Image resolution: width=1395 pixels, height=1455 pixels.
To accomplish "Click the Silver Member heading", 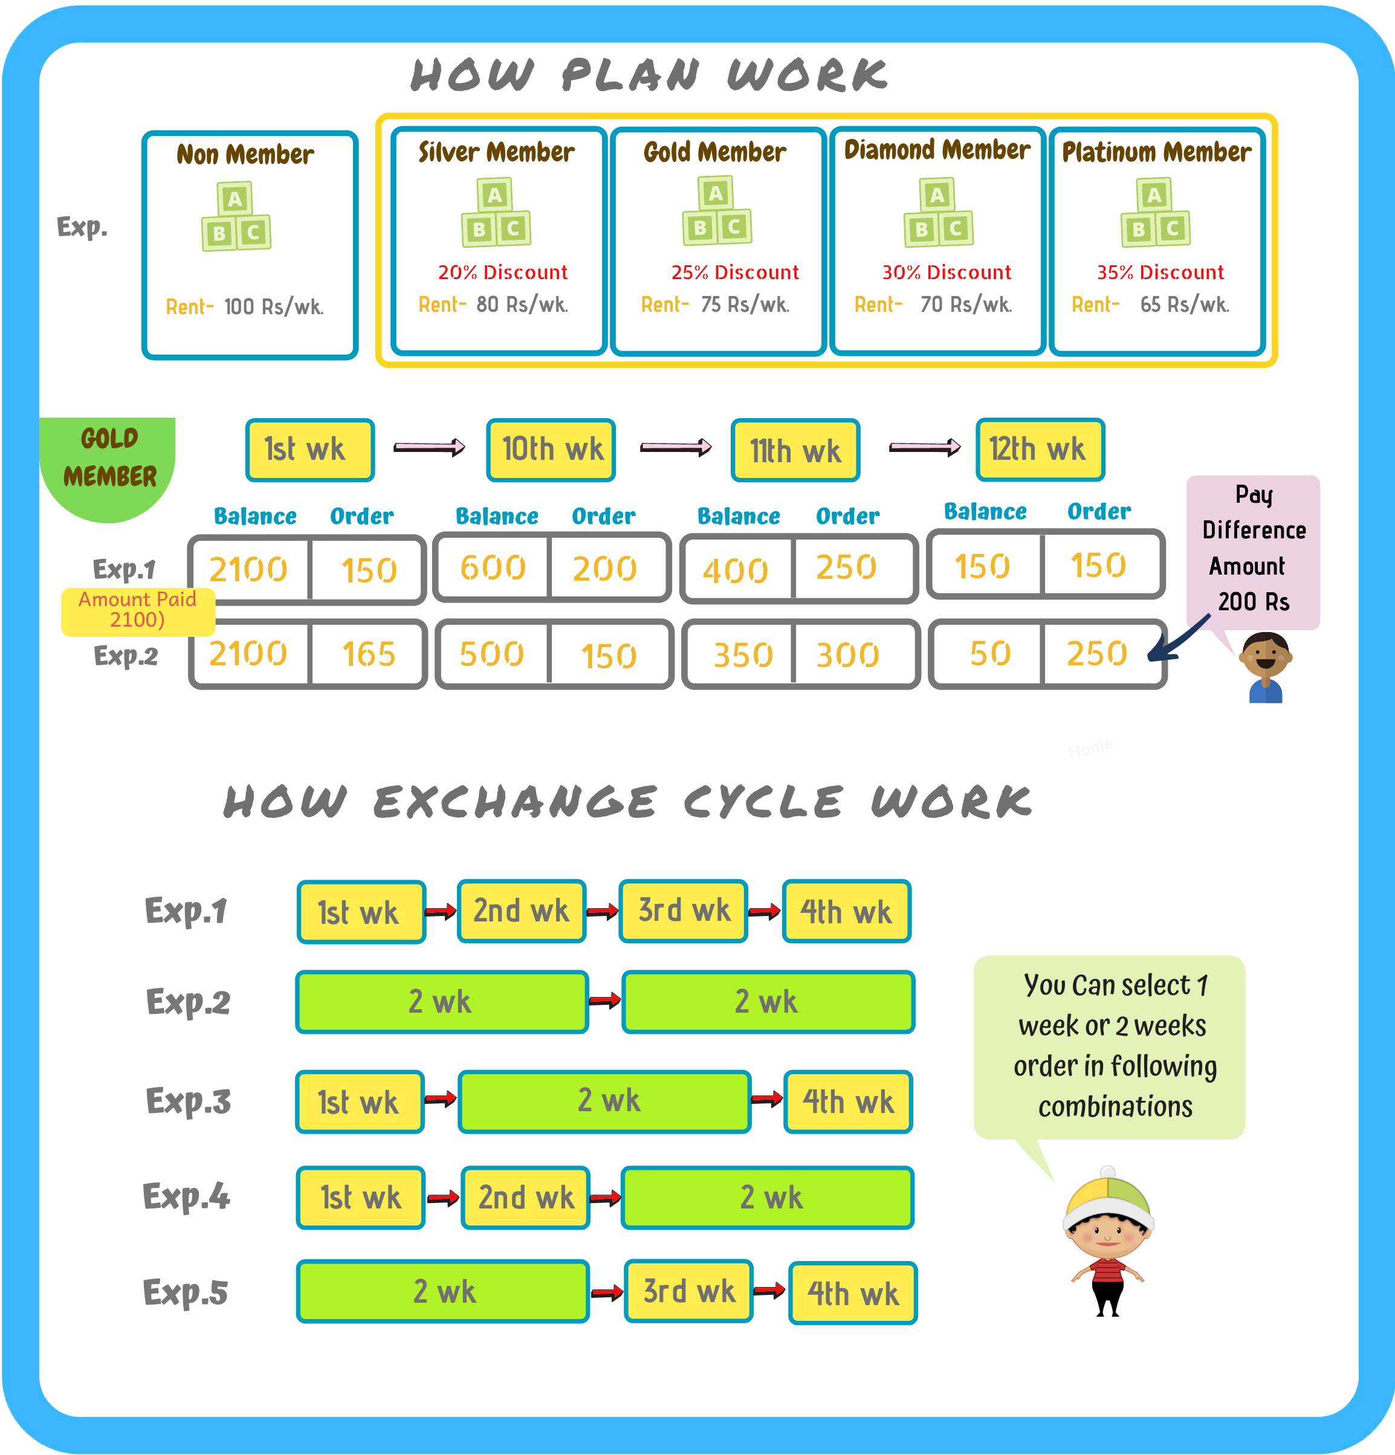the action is [x=496, y=152].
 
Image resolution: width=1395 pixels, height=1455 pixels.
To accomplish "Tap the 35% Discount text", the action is [x=1160, y=273].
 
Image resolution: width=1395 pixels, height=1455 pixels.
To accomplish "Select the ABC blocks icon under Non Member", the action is [x=236, y=216].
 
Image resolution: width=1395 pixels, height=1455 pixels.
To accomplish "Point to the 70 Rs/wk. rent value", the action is [x=966, y=305].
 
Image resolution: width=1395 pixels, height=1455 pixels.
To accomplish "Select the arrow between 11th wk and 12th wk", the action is [x=925, y=447].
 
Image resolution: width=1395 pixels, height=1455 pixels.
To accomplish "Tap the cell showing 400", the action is [x=736, y=569].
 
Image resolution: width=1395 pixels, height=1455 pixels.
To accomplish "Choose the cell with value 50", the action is [x=989, y=653].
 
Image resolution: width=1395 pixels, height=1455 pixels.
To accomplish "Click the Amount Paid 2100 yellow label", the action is [x=138, y=611].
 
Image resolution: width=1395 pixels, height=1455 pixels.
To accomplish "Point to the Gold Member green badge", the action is [x=108, y=468].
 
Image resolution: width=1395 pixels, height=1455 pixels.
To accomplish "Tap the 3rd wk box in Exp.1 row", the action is [x=684, y=911].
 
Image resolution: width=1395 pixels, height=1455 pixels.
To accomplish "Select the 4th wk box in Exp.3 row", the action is [x=848, y=1102].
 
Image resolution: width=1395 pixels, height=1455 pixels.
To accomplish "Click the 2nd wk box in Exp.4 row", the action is [x=526, y=1198].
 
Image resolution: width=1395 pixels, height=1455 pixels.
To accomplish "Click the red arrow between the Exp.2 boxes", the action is [x=605, y=1001].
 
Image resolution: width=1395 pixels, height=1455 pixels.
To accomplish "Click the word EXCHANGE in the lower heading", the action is [x=515, y=802].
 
